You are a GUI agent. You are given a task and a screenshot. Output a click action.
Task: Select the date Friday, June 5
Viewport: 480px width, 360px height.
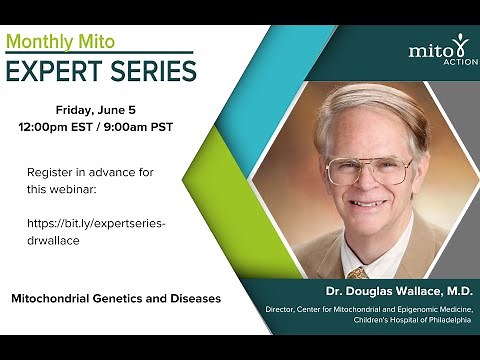pyautogui.click(x=100, y=110)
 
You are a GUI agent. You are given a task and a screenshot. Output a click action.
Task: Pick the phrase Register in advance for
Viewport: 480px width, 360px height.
pyautogui.click(x=90, y=172)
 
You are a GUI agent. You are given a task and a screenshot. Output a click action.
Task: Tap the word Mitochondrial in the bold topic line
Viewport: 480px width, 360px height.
pyautogui.click(x=54, y=298)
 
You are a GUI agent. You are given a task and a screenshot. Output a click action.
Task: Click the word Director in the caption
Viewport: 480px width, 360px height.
pyautogui.click(x=285, y=309)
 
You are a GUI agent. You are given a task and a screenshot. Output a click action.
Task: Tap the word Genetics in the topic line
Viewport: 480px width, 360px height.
pyautogui.click(x=125, y=298)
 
